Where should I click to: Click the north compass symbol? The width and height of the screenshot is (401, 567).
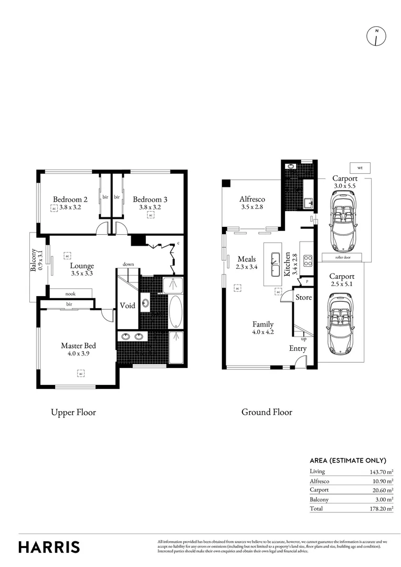pos(376,36)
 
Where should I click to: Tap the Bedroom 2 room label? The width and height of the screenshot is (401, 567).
pos(70,199)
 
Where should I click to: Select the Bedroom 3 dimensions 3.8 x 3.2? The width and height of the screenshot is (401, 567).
pos(150,207)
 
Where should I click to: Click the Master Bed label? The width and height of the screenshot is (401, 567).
pos(78,345)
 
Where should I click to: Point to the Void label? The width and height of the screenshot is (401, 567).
pos(128,306)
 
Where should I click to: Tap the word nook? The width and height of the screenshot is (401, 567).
pos(70,294)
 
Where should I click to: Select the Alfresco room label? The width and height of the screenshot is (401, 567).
pos(252,199)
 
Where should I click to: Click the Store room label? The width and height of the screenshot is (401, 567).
pos(303,297)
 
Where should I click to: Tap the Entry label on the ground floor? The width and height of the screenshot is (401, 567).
pos(298,349)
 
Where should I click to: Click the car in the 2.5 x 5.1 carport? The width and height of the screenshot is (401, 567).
pos(340,323)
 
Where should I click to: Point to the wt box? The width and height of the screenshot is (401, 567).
pos(360,168)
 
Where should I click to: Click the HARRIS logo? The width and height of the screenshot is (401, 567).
pos(49,547)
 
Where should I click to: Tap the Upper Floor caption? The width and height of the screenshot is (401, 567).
pos(73,413)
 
